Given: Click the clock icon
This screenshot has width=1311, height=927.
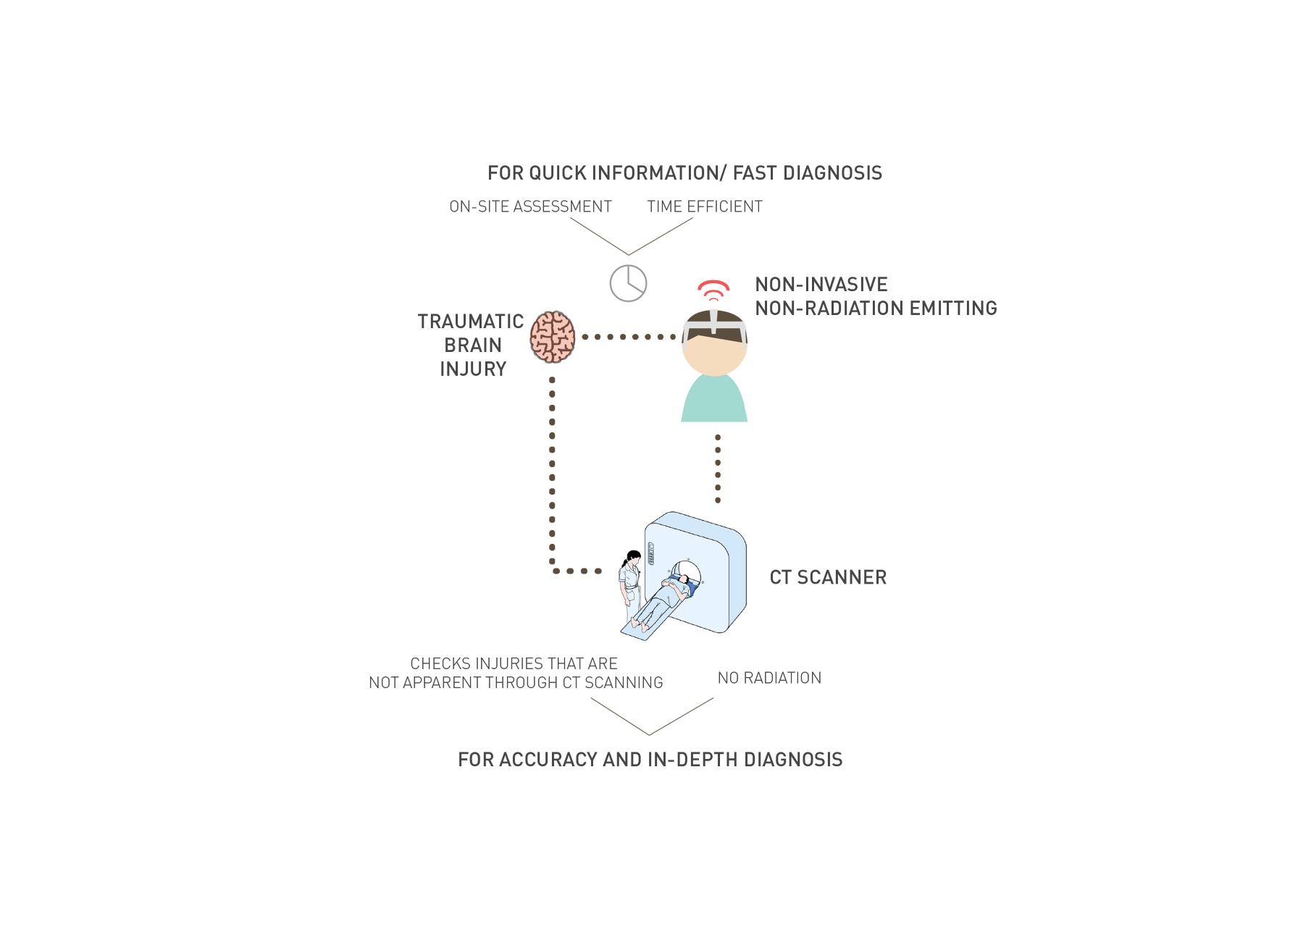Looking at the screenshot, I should pyautogui.click(x=628, y=283).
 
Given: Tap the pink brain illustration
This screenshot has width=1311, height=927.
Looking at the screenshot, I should pyautogui.click(x=552, y=337).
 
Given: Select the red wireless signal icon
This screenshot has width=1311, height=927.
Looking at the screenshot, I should pyautogui.click(x=713, y=290).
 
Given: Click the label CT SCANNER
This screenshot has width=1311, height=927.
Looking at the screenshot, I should pyautogui.click(x=828, y=577).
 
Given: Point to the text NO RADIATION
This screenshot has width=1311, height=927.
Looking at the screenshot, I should pyautogui.click(x=769, y=678).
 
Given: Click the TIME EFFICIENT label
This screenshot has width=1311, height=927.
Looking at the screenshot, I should pyautogui.click(x=704, y=206).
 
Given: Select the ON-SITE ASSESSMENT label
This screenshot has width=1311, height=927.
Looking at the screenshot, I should pyautogui.click(x=530, y=206).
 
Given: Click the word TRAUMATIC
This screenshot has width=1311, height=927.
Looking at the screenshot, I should pyautogui.click(x=469, y=322).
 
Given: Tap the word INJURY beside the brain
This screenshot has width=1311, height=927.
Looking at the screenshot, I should pyautogui.click(x=473, y=369).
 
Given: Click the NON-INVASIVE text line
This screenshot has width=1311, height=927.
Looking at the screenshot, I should pyautogui.click(x=821, y=284).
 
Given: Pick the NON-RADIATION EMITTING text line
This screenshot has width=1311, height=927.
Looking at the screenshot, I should pyautogui.click(x=876, y=308).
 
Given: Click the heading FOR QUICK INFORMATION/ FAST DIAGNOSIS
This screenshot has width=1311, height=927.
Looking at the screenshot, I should pyautogui.click(x=684, y=173).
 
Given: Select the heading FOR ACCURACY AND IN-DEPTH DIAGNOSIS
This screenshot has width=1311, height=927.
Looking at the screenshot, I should pyautogui.click(x=650, y=760).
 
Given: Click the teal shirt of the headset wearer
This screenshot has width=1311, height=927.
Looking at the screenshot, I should pyautogui.click(x=714, y=402).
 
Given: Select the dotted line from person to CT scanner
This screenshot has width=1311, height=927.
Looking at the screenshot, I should pyautogui.click(x=718, y=467).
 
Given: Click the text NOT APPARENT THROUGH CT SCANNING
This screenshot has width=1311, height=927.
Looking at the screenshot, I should pyautogui.click(x=516, y=683).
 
